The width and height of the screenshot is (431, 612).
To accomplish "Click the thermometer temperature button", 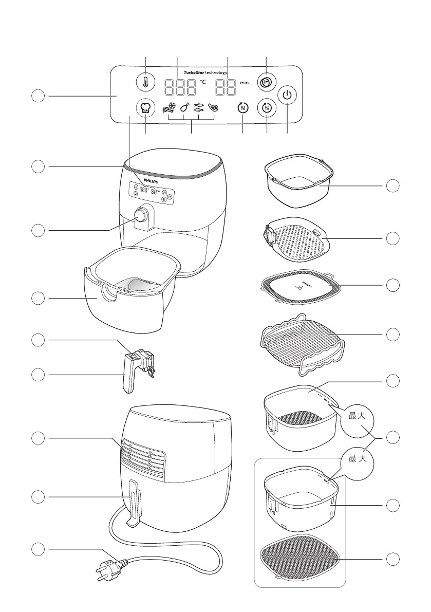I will tap(145, 83).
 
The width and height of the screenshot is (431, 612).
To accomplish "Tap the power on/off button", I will tap(287, 96).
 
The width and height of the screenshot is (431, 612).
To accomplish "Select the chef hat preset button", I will tap(145, 108).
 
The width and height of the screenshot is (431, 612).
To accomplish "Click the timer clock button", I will tap(266, 83).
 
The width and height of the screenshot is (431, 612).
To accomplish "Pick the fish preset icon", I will tap(199, 108).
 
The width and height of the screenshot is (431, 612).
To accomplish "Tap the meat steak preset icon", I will tap(213, 108).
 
